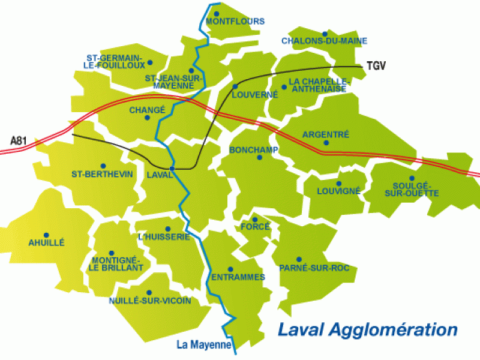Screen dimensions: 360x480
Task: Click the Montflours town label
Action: pyautogui.click(x=235, y=22)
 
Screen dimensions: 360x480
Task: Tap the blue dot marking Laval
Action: pyautogui.click(x=172, y=169)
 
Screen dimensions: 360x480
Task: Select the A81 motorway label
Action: pyautogui.click(x=20, y=140)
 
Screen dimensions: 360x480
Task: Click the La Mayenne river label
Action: pyautogui.click(x=204, y=344)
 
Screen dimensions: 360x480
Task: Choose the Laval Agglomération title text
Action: pyautogui.click(x=368, y=329)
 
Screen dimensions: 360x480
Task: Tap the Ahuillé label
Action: pyautogui.click(x=46, y=242)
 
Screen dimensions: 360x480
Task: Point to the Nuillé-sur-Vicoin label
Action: pyautogui.click(x=151, y=301)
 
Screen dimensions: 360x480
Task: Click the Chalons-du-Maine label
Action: pyautogui.click(x=324, y=41)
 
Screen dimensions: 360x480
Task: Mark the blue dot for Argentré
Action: pyautogui.click(x=326, y=143)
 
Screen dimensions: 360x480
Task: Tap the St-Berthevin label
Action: pyautogui.click(x=102, y=174)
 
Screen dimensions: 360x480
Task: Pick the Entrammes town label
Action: pyautogui.click(x=238, y=277)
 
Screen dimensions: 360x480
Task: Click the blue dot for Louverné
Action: pyautogui.click(x=236, y=86)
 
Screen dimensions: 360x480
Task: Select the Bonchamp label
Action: pyautogui.click(x=254, y=149)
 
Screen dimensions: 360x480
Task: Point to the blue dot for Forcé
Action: pyautogui.click(x=254, y=218)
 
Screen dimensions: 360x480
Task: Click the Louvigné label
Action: pyautogui.click(x=338, y=191)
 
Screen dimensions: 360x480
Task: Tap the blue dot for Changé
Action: pyautogui.click(x=147, y=118)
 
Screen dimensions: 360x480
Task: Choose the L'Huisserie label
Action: pyautogui.click(x=164, y=237)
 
